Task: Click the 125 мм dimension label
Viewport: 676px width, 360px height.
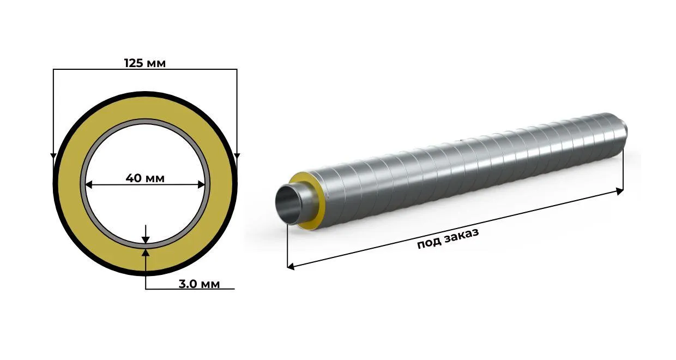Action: click(x=145, y=63)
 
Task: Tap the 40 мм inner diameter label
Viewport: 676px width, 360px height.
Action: click(x=145, y=178)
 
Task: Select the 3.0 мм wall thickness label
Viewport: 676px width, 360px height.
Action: click(x=199, y=284)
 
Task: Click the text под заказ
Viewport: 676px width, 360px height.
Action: click(x=448, y=238)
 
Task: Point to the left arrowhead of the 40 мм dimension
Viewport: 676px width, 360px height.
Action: click(x=89, y=185)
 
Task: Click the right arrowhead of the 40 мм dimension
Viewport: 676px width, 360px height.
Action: click(x=201, y=185)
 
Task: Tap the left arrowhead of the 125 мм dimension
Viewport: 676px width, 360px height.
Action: click(x=53, y=156)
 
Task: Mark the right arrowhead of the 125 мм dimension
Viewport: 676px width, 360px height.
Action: click(x=237, y=156)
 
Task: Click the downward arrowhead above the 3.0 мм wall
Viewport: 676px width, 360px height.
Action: click(x=146, y=240)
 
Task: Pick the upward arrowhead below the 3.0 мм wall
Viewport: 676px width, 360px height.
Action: click(x=146, y=253)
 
